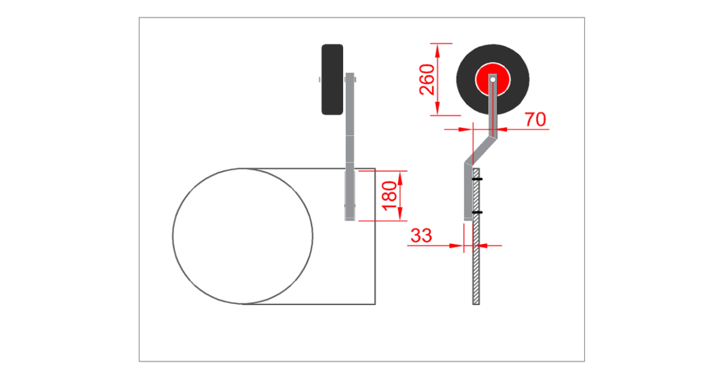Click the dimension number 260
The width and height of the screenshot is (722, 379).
(x=427, y=79)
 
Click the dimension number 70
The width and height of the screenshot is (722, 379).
(x=535, y=120)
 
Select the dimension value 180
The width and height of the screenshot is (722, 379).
(x=389, y=196)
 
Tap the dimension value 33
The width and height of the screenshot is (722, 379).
(x=421, y=236)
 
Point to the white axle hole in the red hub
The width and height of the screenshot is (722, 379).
(x=493, y=79)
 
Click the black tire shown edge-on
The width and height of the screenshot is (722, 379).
(x=332, y=79)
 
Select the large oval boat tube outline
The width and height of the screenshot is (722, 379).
(x=173, y=236)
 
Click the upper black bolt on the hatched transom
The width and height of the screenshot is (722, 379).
(x=477, y=179)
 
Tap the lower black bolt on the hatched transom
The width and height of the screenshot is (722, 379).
(x=477, y=212)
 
